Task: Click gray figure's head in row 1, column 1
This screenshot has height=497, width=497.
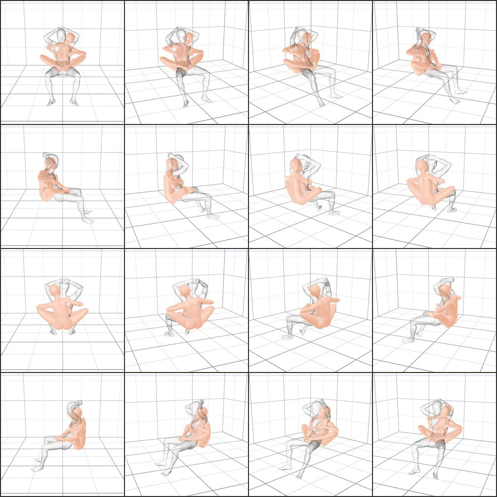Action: click(61, 35)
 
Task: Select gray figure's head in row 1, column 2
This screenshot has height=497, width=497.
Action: click(181, 36)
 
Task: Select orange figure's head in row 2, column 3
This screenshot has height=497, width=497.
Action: click(296, 164)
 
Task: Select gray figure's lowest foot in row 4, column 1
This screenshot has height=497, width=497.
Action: click(35, 469)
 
